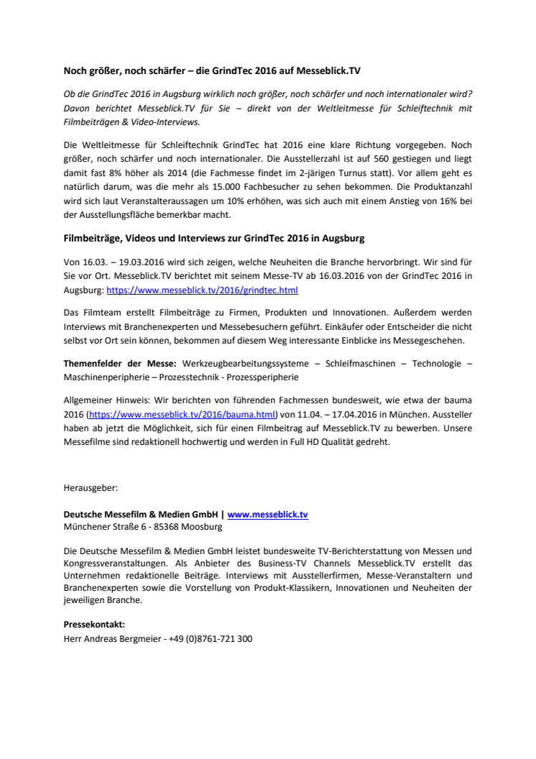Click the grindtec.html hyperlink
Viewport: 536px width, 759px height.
(202, 291)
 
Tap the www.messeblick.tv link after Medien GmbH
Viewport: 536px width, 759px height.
(268, 515)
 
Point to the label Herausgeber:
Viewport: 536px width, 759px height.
(91, 487)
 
